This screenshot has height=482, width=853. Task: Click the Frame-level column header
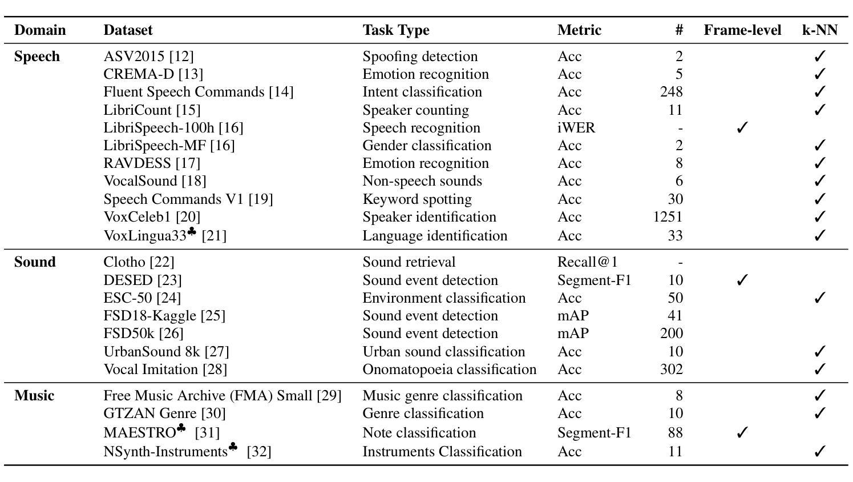point(742,30)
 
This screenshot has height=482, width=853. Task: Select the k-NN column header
point(820,30)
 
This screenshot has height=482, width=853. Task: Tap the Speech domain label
point(37,57)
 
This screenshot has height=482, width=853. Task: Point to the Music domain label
point(34,396)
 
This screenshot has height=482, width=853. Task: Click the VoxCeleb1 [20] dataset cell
point(152,217)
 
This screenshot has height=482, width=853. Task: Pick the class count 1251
point(668,217)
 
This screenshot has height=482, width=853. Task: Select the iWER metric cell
point(576,128)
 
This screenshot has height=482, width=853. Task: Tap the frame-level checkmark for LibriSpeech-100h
point(742,127)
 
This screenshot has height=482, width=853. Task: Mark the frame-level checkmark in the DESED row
point(742,280)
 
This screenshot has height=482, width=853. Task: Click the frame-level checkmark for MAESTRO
point(742,432)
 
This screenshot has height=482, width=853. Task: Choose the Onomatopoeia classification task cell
point(450,369)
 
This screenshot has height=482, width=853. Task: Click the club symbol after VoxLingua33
point(192,231)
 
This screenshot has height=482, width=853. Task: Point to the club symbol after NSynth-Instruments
point(233,447)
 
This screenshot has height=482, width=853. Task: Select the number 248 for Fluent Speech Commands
point(672,92)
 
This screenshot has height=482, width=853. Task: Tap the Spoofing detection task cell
point(420,57)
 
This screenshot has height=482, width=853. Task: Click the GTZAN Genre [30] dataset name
point(164,413)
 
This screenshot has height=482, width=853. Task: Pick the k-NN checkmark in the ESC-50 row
point(819,298)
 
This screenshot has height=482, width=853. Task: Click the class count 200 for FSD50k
point(672,334)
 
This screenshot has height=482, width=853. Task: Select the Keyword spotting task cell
point(417,199)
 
